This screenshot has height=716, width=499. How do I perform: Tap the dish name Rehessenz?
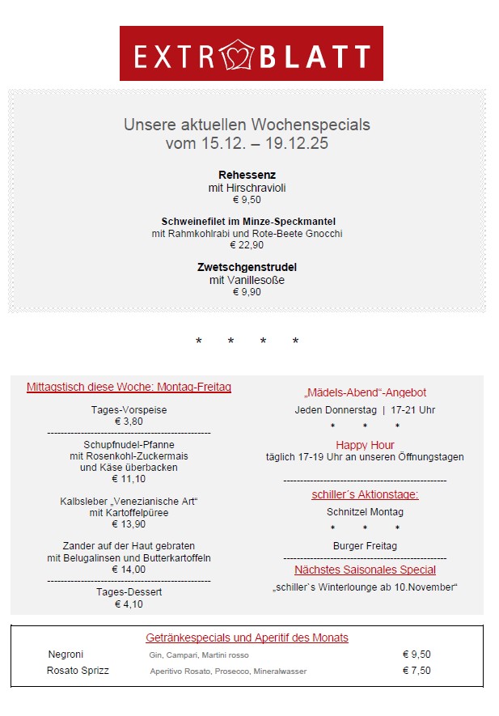click(247, 175)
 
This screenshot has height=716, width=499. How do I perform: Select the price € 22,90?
click(247, 245)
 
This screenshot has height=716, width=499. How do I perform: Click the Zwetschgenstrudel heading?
click(247, 267)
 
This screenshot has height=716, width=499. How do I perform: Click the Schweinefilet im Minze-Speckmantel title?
click(248, 221)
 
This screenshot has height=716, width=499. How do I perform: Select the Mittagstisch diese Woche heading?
click(129, 388)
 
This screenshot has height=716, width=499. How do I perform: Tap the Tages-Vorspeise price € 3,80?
click(129, 421)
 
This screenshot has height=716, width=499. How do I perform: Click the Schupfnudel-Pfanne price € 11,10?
click(129, 479)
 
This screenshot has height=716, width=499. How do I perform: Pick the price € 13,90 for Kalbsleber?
click(129, 524)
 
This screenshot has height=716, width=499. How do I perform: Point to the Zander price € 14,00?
click(129, 570)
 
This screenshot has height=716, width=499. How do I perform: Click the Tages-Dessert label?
click(129, 592)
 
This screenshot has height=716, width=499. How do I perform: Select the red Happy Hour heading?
click(365, 445)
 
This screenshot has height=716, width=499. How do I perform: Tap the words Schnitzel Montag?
click(365, 512)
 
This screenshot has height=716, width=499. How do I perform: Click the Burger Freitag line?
click(365, 546)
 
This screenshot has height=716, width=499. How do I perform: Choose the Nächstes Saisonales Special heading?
click(365, 570)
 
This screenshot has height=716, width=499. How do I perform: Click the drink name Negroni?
click(66, 655)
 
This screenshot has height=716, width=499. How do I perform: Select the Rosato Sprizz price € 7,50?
click(417, 671)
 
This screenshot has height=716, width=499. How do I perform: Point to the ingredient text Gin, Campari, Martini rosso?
click(199, 655)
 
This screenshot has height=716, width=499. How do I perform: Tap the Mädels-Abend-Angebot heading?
click(365, 392)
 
